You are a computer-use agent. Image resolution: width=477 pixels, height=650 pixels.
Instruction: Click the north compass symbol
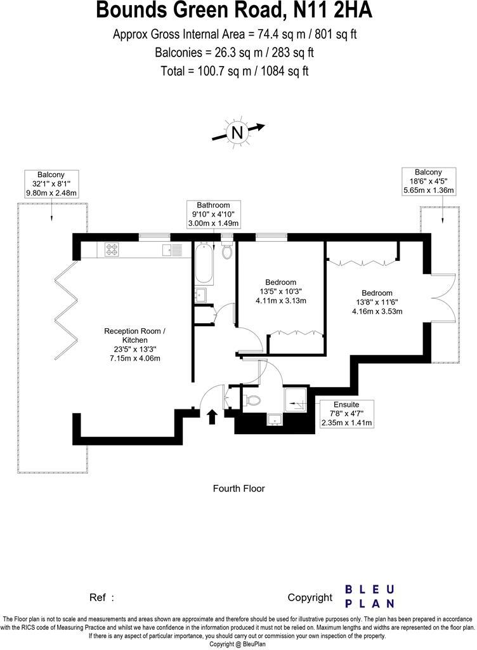237,132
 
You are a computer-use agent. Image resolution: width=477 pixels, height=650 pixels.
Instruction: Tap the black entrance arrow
212,416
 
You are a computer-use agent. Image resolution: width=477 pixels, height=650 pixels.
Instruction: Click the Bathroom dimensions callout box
213,214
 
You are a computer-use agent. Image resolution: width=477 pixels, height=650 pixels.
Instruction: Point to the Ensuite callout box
346,413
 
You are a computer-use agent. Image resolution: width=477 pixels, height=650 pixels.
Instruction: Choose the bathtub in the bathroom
204,264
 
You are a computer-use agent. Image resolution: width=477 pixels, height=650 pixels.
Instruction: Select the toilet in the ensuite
252,401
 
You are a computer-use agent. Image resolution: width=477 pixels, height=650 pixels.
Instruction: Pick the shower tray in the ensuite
295,397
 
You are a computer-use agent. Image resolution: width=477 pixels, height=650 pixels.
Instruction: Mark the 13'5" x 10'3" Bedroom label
280,291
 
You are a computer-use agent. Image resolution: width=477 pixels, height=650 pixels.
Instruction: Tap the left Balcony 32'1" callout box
51,183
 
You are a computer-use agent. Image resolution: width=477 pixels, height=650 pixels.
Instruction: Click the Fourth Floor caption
238,489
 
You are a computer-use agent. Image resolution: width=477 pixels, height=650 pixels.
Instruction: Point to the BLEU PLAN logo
370,597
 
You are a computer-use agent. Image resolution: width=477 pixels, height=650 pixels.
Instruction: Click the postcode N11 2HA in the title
330,11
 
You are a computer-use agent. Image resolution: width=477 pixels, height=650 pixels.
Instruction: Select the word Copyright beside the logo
310,597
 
